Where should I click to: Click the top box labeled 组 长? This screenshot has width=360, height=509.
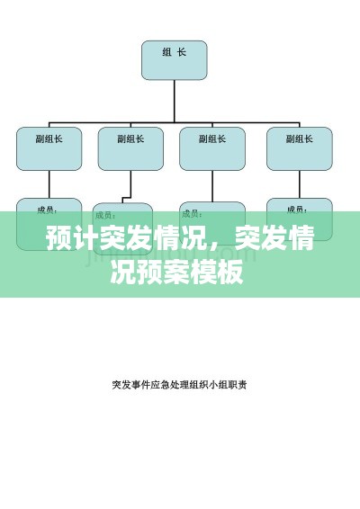coord(175,59)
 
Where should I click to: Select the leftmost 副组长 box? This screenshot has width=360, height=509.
coord(49,148)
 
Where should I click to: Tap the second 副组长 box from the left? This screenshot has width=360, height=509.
coord(131,148)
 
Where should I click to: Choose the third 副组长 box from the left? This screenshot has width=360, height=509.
coord(212,148)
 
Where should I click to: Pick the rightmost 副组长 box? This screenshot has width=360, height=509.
coord(300,148)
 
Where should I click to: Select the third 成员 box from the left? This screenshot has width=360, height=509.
coord(212,215)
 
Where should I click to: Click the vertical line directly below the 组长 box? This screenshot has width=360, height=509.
coord(175,99)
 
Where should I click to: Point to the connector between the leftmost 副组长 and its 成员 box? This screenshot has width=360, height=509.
coord(49,184)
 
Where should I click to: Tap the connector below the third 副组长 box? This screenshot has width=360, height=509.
coord(212,186)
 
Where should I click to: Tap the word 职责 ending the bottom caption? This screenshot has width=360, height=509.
coord(238,384)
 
